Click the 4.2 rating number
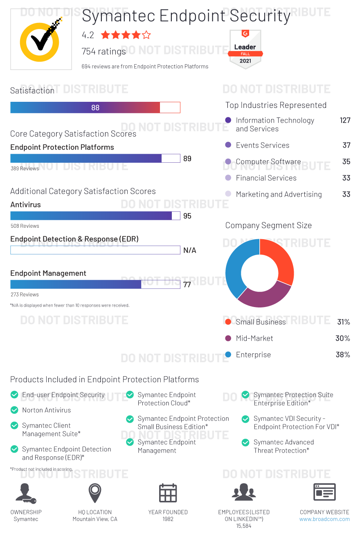(x=88, y=35)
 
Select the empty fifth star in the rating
(x=146, y=35)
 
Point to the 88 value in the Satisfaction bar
(x=95, y=108)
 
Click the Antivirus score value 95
(x=187, y=216)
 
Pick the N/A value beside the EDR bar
(x=190, y=250)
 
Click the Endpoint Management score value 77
(x=187, y=285)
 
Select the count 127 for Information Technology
(x=345, y=120)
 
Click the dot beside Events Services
(x=228, y=145)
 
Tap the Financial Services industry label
(x=266, y=178)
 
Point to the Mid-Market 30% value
(x=342, y=338)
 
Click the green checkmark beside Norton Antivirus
(x=14, y=410)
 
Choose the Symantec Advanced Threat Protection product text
(x=283, y=446)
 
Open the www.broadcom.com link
(x=324, y=519)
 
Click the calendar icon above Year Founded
(x=168, y=493)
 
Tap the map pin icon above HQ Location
(x=95, y=493)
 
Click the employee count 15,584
(x=244, y=526)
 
